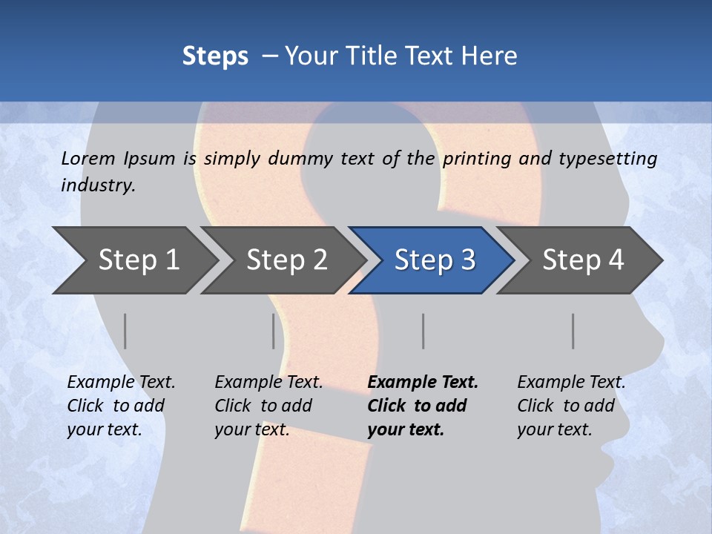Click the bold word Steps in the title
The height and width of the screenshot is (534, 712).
click(x=215, y=56)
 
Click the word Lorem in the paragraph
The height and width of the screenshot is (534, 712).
click(x=88, y=159)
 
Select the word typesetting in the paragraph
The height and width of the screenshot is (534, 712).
click(x=607, y=159)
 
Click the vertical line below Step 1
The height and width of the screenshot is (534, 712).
click(x=125, y=331)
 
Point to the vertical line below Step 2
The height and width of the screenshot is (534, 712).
click(x=274, y=331)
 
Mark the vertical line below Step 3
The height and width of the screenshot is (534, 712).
click(x=423, y=331)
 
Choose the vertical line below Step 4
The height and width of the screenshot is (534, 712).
click(x=573, y=331)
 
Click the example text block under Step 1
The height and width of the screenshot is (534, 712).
click(x=121, y=406)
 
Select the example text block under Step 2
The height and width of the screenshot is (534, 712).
click(x=268, y=406)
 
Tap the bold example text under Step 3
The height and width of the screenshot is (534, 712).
click(x=423, y=406)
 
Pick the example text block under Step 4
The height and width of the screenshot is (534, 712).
click(x=571, y=406)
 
